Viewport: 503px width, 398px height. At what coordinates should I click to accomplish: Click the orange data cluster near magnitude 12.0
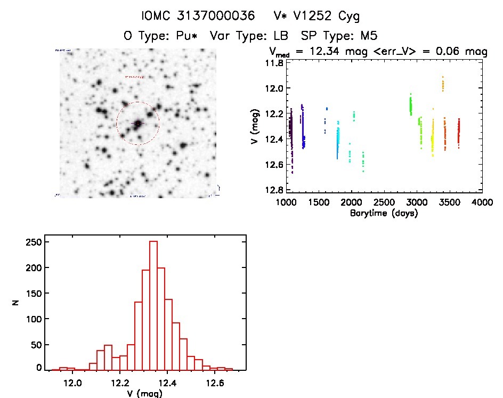pos(443,83)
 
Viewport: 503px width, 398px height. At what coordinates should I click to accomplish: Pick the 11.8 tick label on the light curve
pos(276,63)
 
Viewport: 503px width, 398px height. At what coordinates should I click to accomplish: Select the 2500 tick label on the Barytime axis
pos(384,203)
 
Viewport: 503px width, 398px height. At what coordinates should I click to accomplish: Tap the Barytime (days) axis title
pos(384,213)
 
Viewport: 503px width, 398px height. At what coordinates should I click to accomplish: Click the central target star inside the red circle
pos(138,124)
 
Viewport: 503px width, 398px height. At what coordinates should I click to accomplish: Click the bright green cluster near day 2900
pos(411,104)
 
